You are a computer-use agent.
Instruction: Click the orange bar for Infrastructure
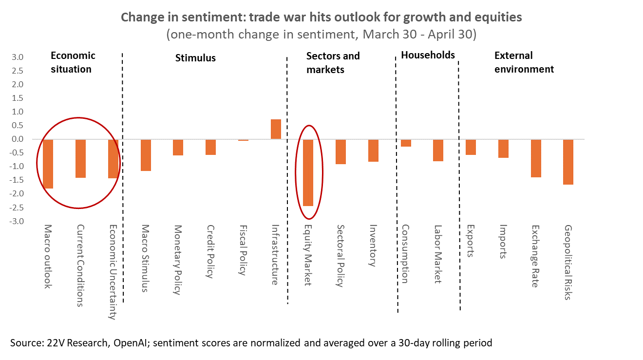(x=276, y=129)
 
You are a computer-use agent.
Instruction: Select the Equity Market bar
(x=308, y=172)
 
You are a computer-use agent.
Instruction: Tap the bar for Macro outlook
(x=48, y=164)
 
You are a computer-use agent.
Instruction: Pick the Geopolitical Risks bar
(x=568, y=162)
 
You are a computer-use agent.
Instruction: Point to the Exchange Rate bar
(x=536, y=158)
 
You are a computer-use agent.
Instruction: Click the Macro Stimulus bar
(x=146, y=155)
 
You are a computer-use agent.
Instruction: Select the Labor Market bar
(x=438, y=150)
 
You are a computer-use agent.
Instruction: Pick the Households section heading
(x=428, y=55)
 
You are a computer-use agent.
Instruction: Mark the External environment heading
(x=524, y=62)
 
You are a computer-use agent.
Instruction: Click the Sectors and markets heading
(x=333, y=62)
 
